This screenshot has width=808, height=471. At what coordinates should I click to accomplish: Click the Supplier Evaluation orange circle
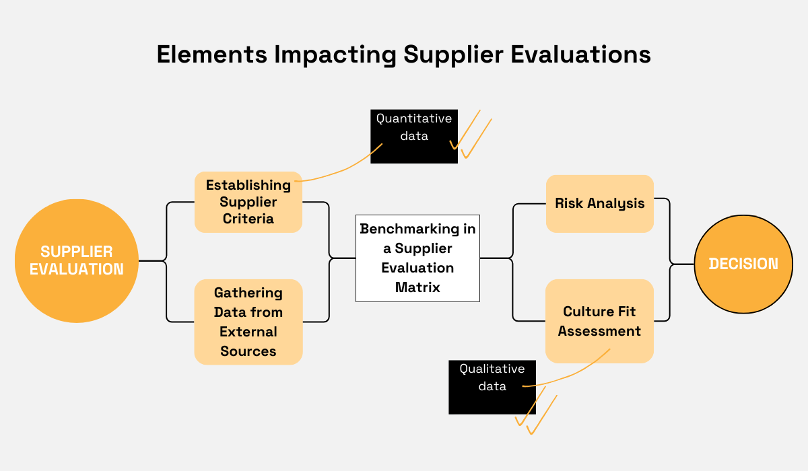(x=76, y=260)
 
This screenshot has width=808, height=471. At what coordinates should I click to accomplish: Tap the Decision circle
(x=744, y=264)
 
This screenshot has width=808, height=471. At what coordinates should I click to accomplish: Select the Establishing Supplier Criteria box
(x=248, y=202)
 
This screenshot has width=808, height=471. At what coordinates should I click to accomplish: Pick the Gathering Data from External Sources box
(x=248, y=322)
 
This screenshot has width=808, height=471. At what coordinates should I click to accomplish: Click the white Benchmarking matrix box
(x=417, y=258)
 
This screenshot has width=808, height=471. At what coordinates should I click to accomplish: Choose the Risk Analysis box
(x=599, y=203)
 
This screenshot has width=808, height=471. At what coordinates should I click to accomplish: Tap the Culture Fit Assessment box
(x=599, y=321)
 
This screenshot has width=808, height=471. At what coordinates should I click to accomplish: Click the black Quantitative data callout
(x=413, y=137)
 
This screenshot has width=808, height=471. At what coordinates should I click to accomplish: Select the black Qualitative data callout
(x=492, y=387)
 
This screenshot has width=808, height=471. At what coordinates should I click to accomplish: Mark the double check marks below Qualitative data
(x=535, y=412)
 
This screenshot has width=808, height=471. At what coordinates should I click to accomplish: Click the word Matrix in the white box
(x=417, y=287)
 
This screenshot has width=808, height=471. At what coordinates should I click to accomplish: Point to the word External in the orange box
(x=248, y=332)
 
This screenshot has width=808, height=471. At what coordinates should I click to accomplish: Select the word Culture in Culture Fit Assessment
(x=588, y=312)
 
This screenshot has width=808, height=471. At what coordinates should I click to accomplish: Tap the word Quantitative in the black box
(x=413, y=119)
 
